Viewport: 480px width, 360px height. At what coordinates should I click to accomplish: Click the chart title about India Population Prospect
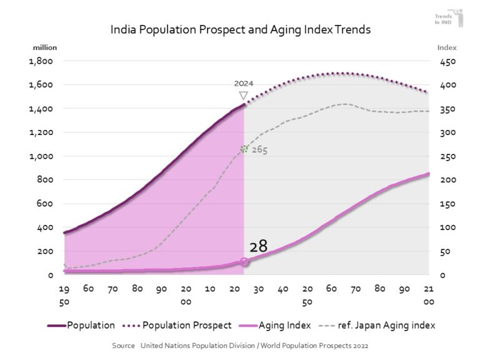pyautogui.click(x=240, y=29)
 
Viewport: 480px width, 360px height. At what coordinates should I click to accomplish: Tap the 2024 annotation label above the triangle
pyautogui.click(x=244, y=83)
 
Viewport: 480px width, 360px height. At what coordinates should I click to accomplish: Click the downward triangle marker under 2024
pyautogui.click(x=244, y=96)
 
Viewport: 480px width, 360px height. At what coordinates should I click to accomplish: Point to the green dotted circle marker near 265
pyautogui.click(x=244, y=149)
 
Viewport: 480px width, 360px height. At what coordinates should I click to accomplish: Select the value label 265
pyautogui.click(x=259, y=150)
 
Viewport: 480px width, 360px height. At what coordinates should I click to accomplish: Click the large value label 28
pyautogui.click(x=258, y=246)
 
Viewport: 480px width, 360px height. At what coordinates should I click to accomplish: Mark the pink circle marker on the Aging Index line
pyautogui.click(x=244, y=262)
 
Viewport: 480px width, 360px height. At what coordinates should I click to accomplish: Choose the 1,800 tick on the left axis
pyautogui.click(x=41, y=61)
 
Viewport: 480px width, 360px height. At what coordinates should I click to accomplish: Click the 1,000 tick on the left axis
pyautogui.click(x=41, y=156)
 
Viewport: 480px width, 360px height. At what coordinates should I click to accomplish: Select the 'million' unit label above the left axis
pyautogui.click(x=45, y=47)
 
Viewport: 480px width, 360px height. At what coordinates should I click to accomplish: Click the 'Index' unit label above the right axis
pyautogui.click(x=447, y=47)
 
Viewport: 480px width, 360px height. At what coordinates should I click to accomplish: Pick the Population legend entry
pyautogui.click(x=81, y=325)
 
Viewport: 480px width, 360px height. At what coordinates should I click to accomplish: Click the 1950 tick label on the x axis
pyautogui.click(x=64, y=294)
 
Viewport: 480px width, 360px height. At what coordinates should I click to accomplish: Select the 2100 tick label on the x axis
pyautogui.click(x=429, y=294)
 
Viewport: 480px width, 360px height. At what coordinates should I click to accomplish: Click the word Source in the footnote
pyautogui.click(x=124, y=345)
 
